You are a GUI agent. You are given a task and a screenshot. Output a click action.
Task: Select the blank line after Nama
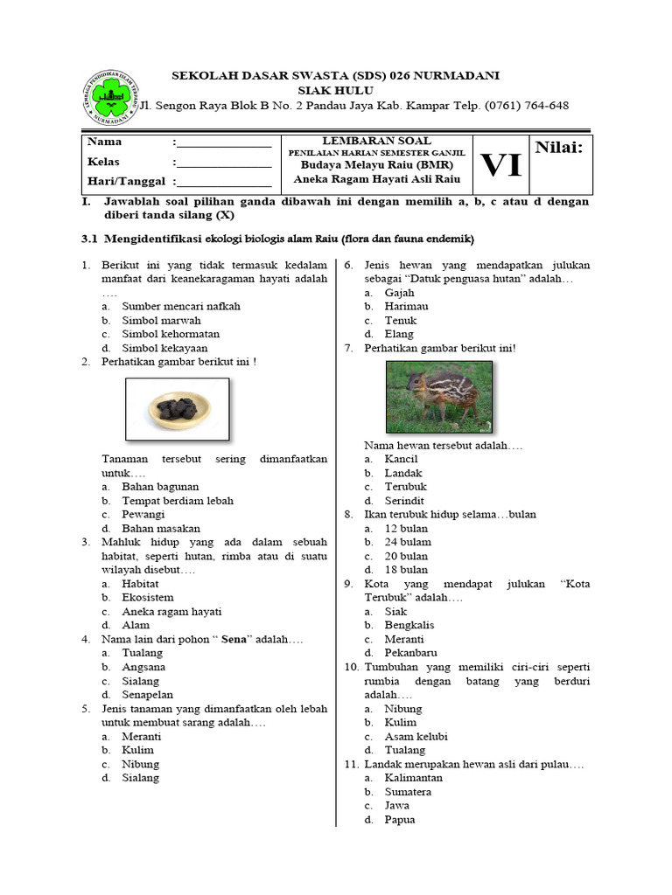click(224, 143)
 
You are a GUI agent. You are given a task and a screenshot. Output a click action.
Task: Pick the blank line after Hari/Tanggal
click(224, 183)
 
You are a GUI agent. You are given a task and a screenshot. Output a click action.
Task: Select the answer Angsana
click(143, 667)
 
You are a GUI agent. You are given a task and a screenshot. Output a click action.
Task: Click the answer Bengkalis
click(409, 625)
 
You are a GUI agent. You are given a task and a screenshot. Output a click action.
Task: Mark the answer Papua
click(400, 820)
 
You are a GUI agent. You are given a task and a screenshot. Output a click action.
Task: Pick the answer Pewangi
click(143, 515)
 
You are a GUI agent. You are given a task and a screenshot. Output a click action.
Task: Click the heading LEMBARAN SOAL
click(376, 141)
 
